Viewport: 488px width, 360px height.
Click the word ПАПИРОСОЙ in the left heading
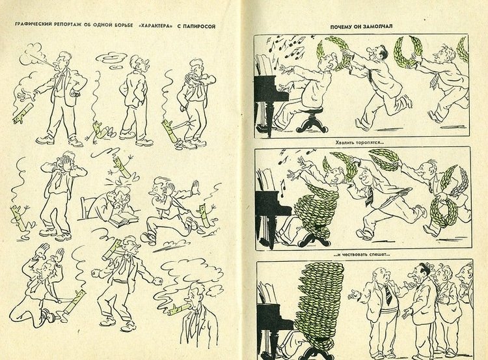(x=198, y=27)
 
